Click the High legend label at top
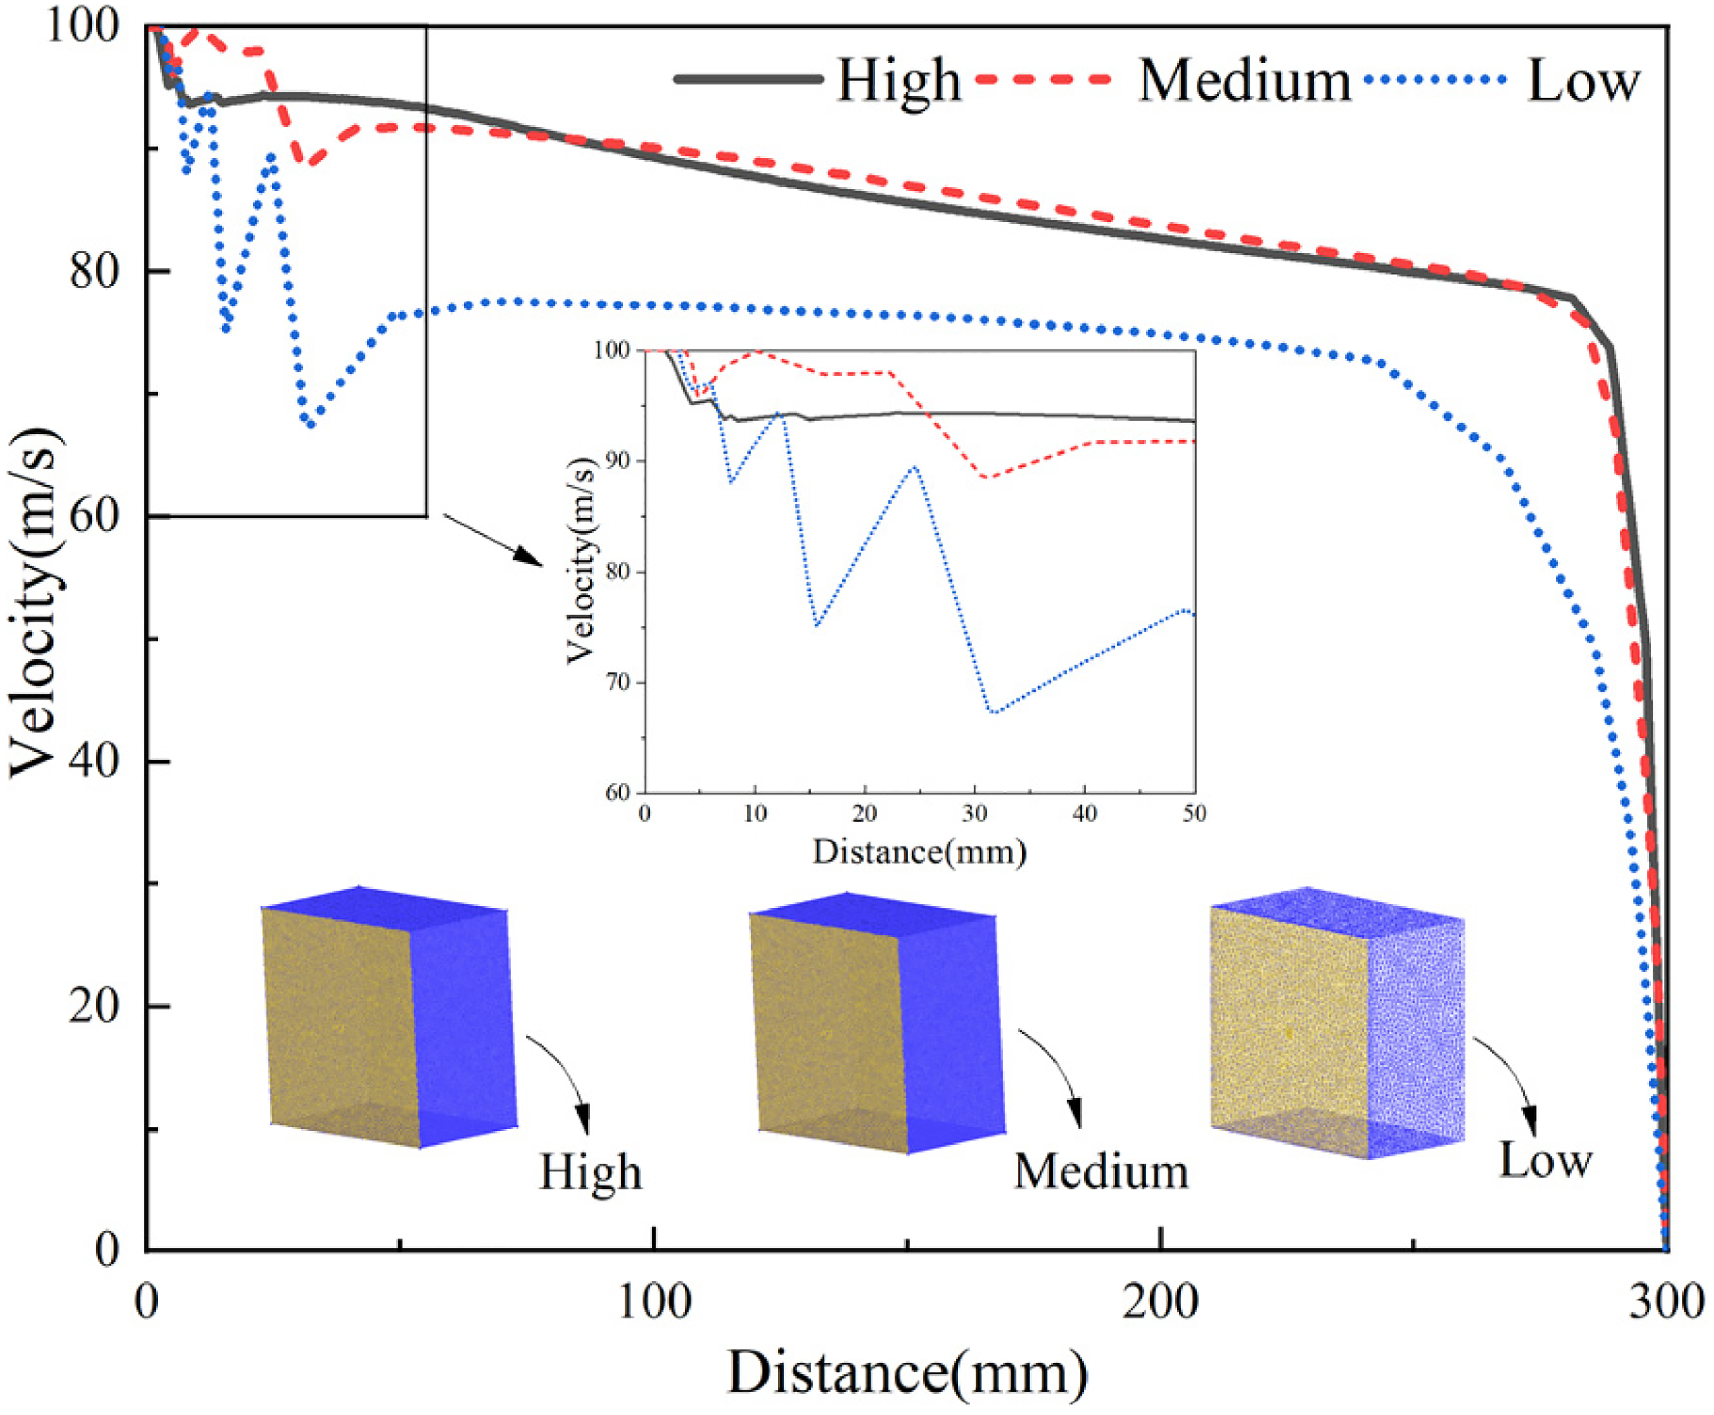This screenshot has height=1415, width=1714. coord(899,80)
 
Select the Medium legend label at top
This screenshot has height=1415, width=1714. coord(1245,80)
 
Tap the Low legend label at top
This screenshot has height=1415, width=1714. coord(1583,80)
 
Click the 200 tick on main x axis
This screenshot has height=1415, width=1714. coord(1161,1301)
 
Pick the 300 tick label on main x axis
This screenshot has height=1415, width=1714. coord(1665,1301)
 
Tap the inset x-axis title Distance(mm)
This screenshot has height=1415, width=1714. coord(919,853)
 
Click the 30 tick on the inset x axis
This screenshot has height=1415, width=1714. coord(975,813)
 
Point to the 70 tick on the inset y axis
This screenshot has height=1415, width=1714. coord(619,682)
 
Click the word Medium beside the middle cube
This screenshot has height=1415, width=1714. coord(1101,1173)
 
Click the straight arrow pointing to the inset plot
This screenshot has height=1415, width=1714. coord(492,540)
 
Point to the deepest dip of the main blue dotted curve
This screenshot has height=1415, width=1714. coord(310,424)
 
